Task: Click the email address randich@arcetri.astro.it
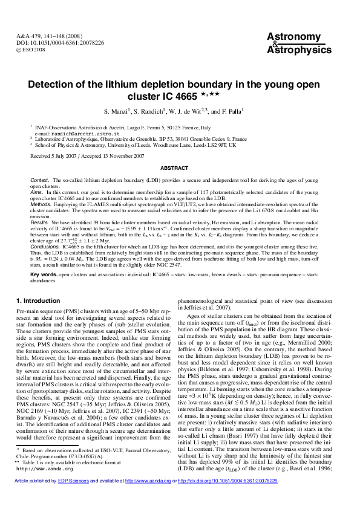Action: [x=73, y=133]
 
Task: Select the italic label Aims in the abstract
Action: [x=38, y=192]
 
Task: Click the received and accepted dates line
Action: [x=87, y=155]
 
